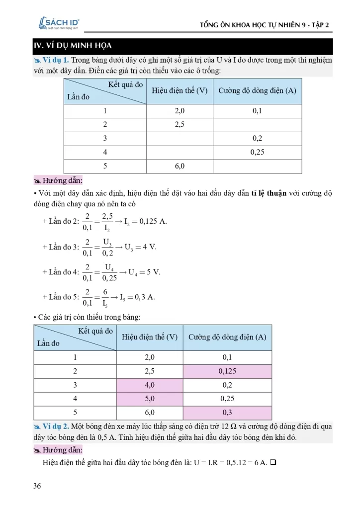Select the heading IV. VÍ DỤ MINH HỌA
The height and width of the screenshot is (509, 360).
(x=69, y=46)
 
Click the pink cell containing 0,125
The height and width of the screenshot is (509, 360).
(x=227, y=371)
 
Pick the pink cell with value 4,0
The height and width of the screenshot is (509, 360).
(x=150, y=385)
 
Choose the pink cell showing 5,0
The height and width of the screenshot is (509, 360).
(x=150, y=399)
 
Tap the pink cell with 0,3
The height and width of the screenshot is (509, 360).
(x=227, y=413)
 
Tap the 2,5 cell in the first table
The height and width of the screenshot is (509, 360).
(x=180, y=125)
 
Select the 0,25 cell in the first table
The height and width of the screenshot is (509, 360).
(x=257, y=152)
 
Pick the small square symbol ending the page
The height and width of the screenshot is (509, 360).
(x=273, y=463)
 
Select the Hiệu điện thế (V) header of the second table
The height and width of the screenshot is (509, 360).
(x=150, y=337)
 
